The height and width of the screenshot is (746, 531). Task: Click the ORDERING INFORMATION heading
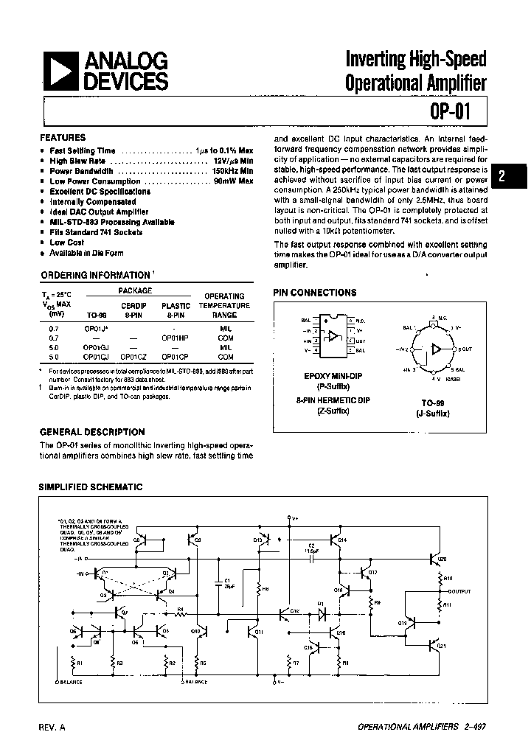point(95,275)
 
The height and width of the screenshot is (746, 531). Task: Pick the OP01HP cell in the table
point(175,336)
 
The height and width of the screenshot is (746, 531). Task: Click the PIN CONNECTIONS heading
point(315,293)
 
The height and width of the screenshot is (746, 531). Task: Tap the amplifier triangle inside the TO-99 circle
point(437,348)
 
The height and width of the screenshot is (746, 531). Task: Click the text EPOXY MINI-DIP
point(323,375)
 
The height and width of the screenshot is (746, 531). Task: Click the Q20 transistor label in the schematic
point(442,559)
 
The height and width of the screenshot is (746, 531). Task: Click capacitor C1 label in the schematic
point(227,581)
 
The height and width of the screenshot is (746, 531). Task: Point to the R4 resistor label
point(180,609)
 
